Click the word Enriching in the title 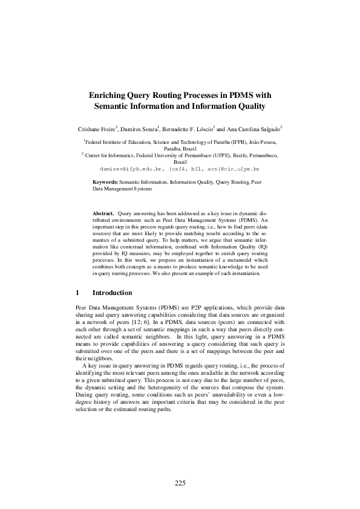[x=109, y=96]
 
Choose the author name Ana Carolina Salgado [x=253, y=129]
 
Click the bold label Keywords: [x=105, y=181]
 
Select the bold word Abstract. [x=103, y=214]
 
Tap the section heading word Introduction [x=112, y=293]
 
